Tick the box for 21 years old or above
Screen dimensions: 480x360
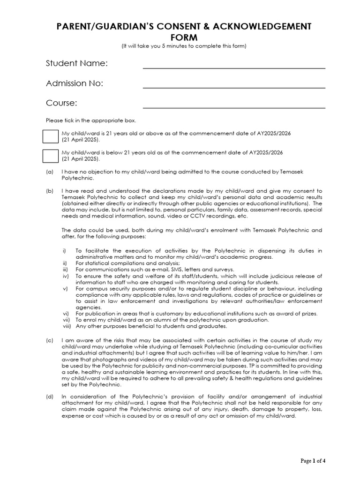50,136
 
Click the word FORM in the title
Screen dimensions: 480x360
180,37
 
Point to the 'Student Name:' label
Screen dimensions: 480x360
77,63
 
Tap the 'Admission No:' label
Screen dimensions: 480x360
75,83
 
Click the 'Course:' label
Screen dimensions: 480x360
61,103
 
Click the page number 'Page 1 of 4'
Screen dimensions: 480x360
313,461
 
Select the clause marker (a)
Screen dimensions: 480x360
50,172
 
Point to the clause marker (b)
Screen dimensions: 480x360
50,191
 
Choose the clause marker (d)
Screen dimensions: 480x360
50,397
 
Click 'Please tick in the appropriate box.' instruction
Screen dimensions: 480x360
91,120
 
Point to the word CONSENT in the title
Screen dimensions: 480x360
170,27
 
